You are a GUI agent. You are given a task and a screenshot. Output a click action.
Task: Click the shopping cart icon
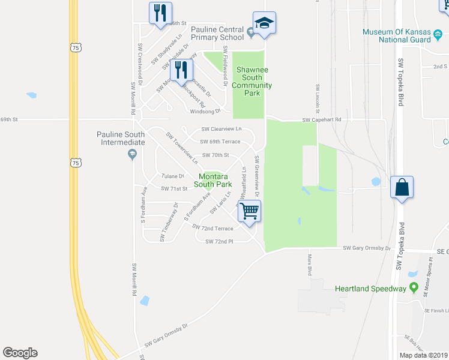tap(249, 211)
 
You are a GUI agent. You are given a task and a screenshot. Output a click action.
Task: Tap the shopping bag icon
tap(402, 187)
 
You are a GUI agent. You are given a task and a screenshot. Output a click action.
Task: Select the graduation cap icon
tap(264, 23)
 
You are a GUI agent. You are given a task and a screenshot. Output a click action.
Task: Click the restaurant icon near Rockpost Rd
tap(181, 70)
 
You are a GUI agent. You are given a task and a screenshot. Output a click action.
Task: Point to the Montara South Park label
tap(215, 180)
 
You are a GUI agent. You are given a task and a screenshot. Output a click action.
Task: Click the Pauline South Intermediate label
tap(121, 138)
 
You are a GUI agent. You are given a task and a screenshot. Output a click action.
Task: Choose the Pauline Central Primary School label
tap(217, 33)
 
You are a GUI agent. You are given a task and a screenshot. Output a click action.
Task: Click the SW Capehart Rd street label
tap(321, 120)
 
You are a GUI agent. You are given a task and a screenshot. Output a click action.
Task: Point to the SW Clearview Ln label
tap(221, 129)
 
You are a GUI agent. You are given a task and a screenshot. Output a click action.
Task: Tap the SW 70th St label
tap(216, 155)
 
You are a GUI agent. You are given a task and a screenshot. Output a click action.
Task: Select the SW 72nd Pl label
tap(218, 241)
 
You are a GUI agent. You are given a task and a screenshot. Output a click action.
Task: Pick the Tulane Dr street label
tap(172, 176)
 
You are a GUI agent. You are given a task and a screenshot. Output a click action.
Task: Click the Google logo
tap(20, 353)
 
